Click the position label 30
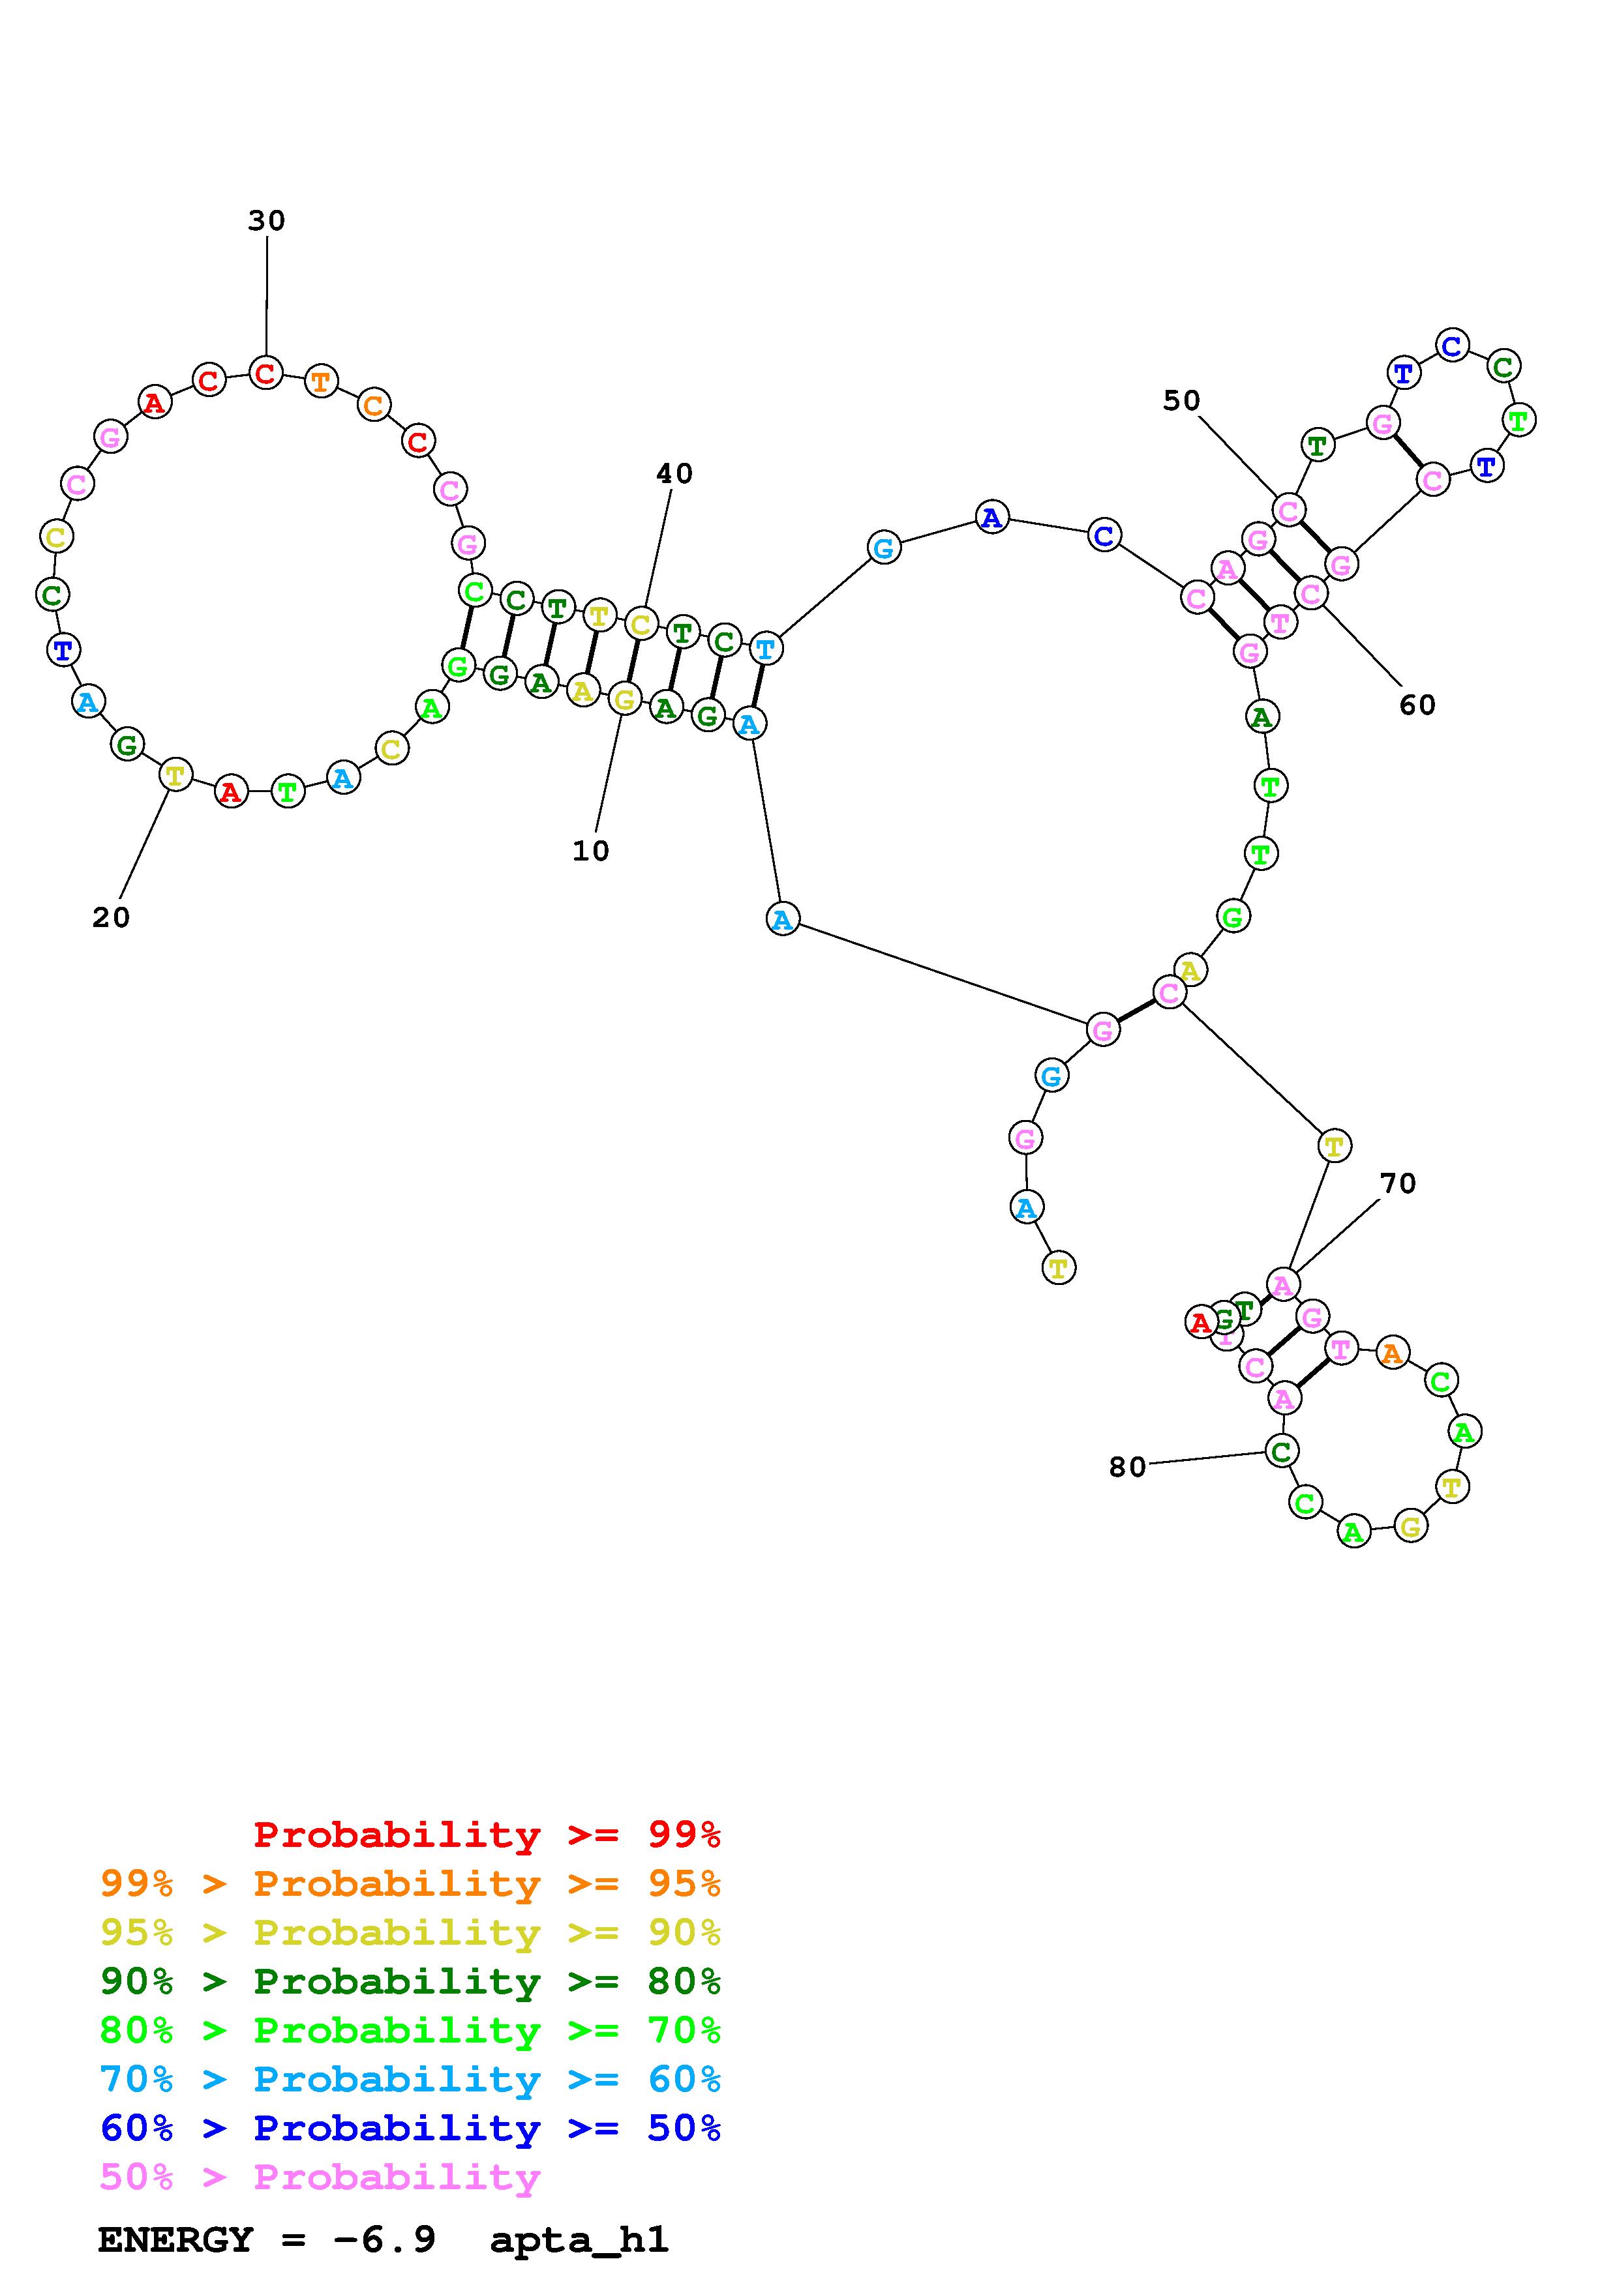[266, 220]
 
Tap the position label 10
[591, 851]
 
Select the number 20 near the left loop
[111, 917]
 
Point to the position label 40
[674, 473]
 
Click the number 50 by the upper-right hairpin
[1182, 400]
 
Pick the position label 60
[1417, 705]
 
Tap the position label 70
[1398, 1183]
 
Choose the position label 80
[1127, 1468]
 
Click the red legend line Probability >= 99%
[487, 1835]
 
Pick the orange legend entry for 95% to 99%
[410, 1883]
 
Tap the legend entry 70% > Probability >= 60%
[410, 2080]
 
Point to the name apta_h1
[579, 2240]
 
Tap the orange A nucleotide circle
[1392, 1353]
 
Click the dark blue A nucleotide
[991, 518]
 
